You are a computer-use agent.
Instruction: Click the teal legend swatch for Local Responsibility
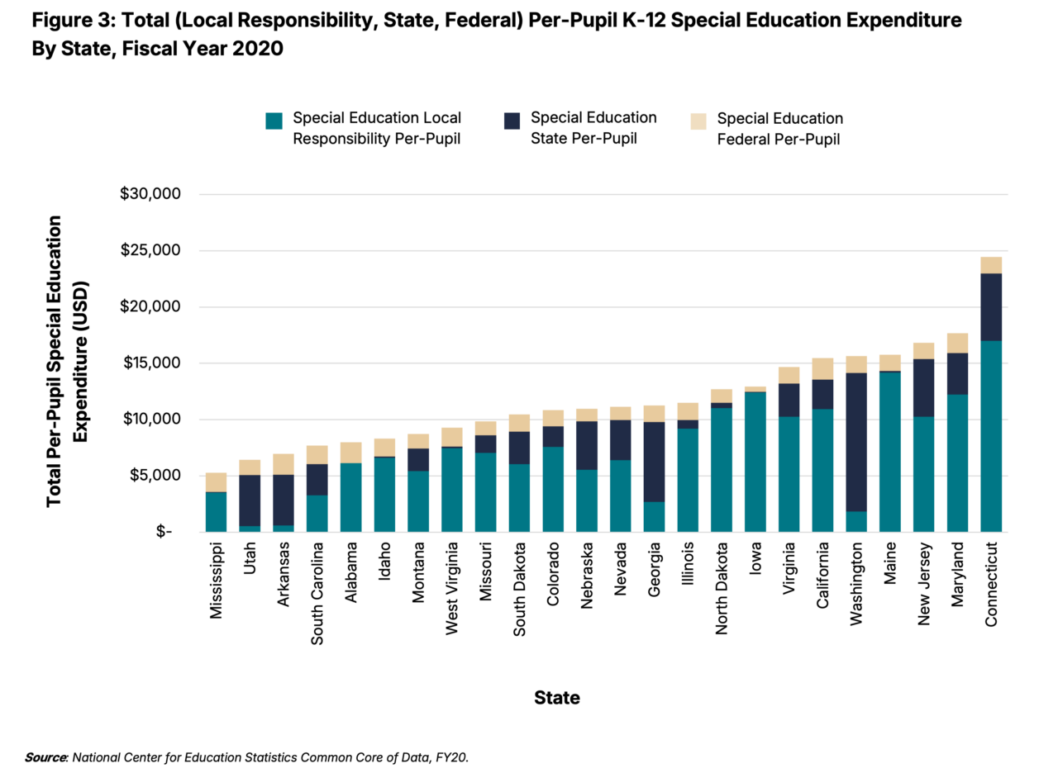pos(274,121)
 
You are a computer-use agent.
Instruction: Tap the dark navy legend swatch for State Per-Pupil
pos(511,121)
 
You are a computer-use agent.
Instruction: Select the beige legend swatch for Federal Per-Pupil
pos(698,121)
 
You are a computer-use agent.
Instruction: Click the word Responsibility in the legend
pos(347,140)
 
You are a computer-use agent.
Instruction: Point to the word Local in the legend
pos(442,118)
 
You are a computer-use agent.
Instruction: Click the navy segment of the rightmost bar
pos(991,306)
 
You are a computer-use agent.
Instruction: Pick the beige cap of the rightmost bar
pos(991,264)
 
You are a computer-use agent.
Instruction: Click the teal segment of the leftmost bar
pos(216,512)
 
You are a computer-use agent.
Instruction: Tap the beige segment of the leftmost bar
pos(216,482)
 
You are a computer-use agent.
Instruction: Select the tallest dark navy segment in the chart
pos(856,442)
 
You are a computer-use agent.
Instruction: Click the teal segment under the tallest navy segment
pos(856,522)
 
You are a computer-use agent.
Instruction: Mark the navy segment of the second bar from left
pos(250,500)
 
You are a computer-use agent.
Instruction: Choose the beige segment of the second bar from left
pos(250,467)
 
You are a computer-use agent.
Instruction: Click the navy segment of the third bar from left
pos(284,500)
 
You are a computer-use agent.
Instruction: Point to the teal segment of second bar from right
pos(957,462)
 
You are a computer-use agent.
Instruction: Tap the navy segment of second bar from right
pos(957,373)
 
